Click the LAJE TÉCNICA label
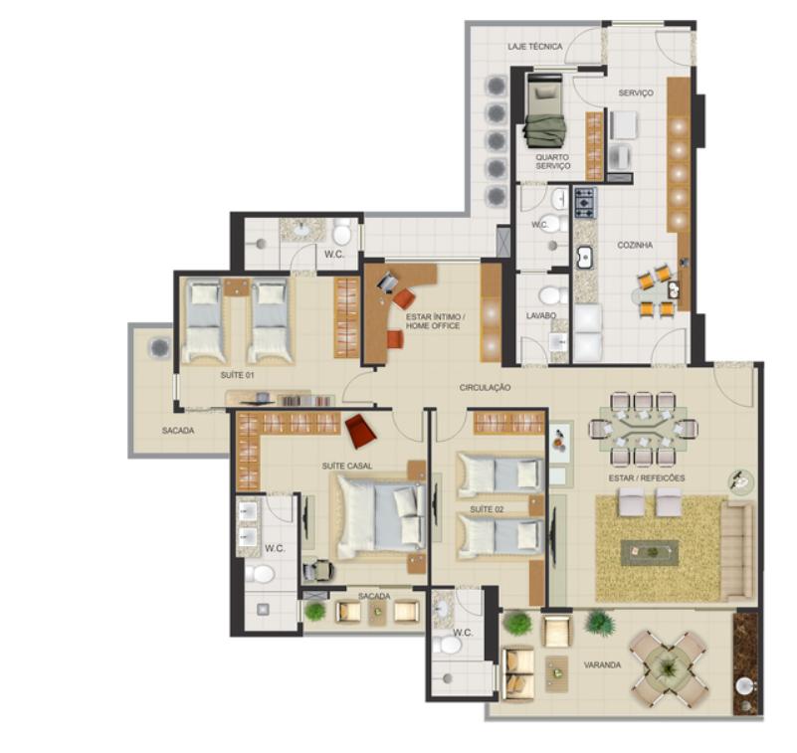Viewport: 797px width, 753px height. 534,46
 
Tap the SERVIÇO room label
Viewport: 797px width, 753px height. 636,93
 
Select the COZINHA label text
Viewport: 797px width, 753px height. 635,245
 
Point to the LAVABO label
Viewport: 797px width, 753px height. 541,315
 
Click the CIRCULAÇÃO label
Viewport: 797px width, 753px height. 485,387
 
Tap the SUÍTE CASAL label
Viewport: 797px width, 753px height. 346,466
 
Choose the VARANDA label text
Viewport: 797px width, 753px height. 602,664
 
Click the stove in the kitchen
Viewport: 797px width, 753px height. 585,202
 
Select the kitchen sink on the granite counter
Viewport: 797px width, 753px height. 585,257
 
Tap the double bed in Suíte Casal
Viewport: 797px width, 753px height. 378,516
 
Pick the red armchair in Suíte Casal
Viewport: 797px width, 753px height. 360,431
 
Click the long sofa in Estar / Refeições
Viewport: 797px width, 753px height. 736,550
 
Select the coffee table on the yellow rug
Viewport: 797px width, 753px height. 650,552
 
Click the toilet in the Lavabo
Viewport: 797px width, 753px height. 553,294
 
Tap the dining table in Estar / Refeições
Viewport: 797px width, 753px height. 643,429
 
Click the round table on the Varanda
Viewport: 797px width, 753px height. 668,668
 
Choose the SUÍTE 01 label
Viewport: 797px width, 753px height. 237,375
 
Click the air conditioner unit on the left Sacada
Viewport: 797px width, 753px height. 159,348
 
